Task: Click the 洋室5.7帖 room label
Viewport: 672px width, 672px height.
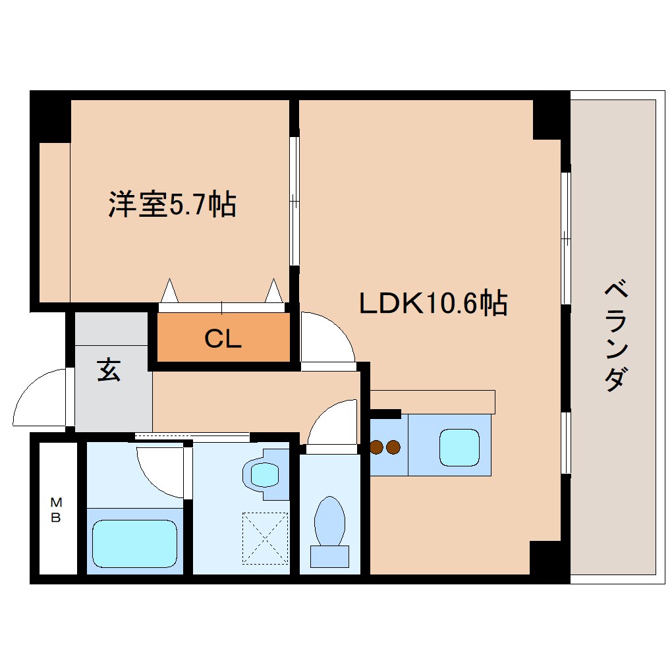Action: [x=172, y=206]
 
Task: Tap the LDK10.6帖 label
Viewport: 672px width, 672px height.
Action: [x=433, y=303]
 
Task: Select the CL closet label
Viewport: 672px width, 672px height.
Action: [x=223, y=339]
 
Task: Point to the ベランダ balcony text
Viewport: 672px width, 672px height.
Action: [x=614, y=336]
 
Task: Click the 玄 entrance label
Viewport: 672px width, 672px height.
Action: [x=109, y=371]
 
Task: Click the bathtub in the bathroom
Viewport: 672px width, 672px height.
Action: [x=134, y=543]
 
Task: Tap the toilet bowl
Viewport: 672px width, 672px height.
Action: [x=329, y=520]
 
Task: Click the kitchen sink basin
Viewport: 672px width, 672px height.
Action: [x=459, y=447]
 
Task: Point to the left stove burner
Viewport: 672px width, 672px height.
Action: [x=378, y=448]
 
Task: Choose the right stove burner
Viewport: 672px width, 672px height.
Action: [x=393, y=448]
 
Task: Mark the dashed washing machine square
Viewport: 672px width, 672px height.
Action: [x=266, y=538]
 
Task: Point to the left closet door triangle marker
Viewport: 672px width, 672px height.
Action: [x=170, y=290]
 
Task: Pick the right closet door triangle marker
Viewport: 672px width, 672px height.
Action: [x=273, y=290]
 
